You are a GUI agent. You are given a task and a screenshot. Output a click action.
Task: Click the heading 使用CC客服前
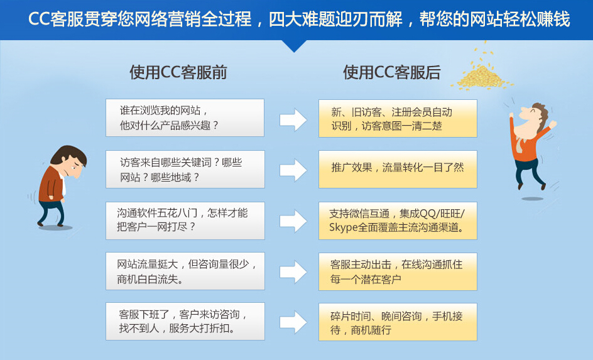coord(178,72)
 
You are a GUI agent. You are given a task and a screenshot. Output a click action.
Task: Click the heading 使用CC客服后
coord(392,72)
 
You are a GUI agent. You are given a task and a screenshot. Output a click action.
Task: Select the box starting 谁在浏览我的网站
coord(185,118)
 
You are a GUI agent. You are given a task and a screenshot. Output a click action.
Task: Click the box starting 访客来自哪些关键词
coord(185,170)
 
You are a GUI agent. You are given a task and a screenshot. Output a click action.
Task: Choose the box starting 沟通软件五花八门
coord(185,221)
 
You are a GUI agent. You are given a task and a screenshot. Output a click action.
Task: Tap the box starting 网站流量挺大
coord(185,271)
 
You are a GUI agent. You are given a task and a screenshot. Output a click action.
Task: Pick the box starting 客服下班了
coord(185,322)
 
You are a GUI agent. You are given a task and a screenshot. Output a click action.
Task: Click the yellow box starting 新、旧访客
coord(398,118)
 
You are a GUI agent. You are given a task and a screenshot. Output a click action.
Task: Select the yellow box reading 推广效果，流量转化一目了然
coord(398,170)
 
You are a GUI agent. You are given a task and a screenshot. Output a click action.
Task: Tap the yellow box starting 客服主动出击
coord(398,271)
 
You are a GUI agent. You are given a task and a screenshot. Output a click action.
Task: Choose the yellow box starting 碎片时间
coord(398,322)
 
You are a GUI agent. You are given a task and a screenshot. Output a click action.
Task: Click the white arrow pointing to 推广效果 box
coord(293,170)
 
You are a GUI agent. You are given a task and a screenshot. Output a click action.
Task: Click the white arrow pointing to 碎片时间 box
coord(293,322)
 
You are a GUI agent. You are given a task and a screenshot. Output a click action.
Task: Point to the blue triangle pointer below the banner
coord(294,46)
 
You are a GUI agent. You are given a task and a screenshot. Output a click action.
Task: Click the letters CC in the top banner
coord(39,19)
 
